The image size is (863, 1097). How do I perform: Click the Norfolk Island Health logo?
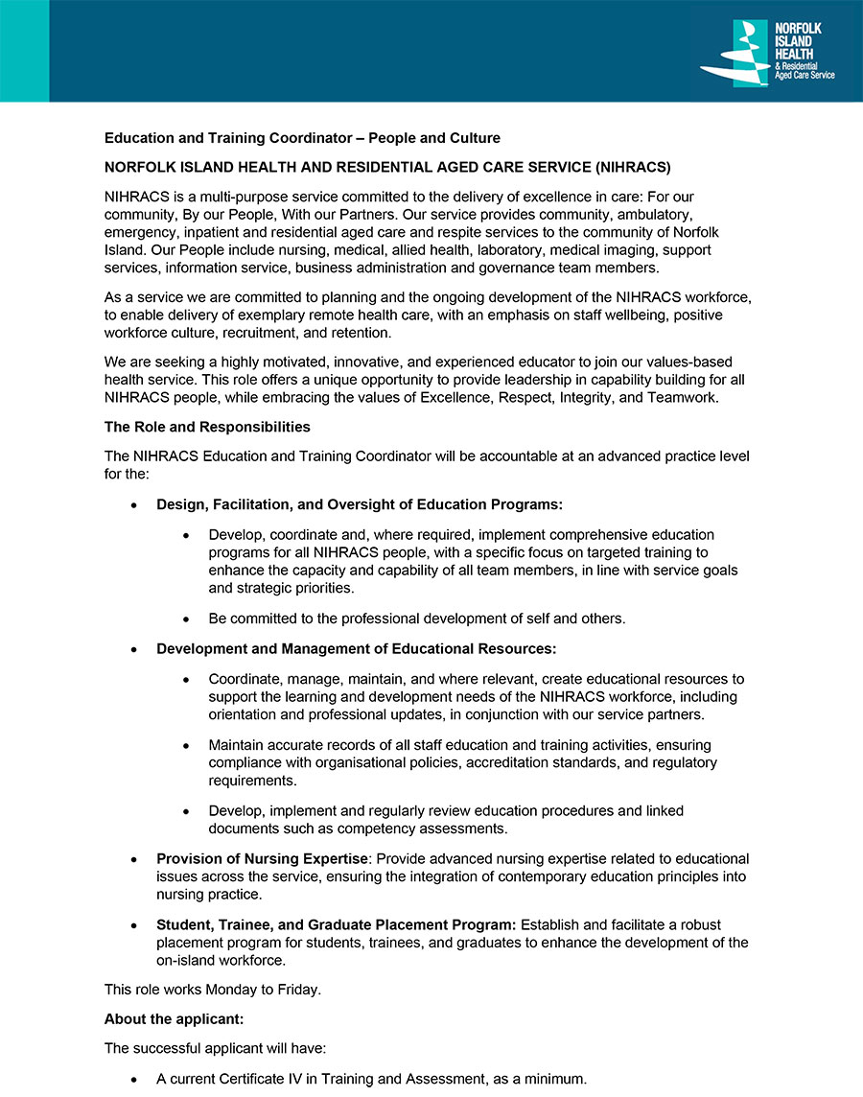(x=766, y=54)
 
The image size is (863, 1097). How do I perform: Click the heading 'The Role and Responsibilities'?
(x=207, y=426)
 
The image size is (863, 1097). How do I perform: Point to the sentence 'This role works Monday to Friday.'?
(x=213, y=989)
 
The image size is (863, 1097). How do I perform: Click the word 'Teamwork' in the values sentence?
(x=684, y=397)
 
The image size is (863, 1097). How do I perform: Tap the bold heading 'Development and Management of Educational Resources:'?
(x=357, y=649)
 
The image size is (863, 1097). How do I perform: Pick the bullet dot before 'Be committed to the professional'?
(x=186, y=619)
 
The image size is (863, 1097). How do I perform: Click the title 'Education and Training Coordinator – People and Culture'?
(x=302, y=138)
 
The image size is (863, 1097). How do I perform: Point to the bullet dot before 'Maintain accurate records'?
(x=186, y=745)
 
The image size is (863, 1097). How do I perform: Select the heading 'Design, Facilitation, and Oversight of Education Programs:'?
(x=360, y=504)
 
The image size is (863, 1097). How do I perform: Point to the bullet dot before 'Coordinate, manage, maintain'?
(x=186, y=679)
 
